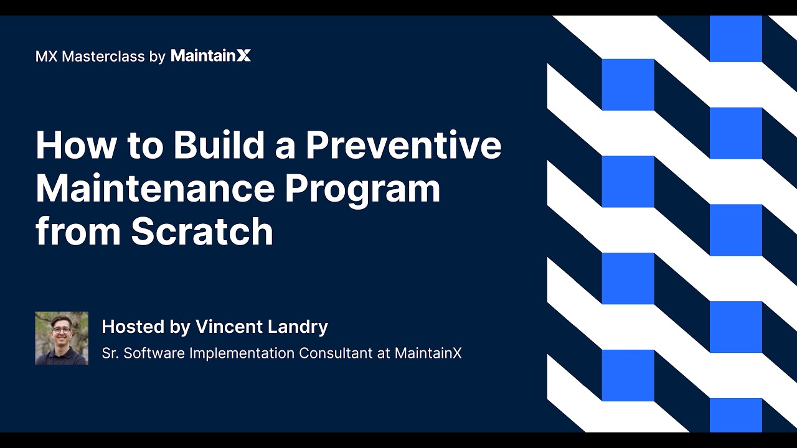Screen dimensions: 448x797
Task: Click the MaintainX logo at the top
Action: [x=210, y=56]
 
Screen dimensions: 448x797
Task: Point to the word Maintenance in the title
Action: [x=154, y=189]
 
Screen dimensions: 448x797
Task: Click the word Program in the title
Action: [x=363, y=190]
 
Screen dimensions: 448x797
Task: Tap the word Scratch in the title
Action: [x=202, y=232]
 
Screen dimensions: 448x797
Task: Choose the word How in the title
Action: [x=76, y=145]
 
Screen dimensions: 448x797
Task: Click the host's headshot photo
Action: [x=62, y=338]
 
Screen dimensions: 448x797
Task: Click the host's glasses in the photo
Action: [x=61, y=327]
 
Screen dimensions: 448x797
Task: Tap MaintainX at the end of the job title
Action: [x=428, y=353]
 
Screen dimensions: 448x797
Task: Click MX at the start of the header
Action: [x=47, y=57]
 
